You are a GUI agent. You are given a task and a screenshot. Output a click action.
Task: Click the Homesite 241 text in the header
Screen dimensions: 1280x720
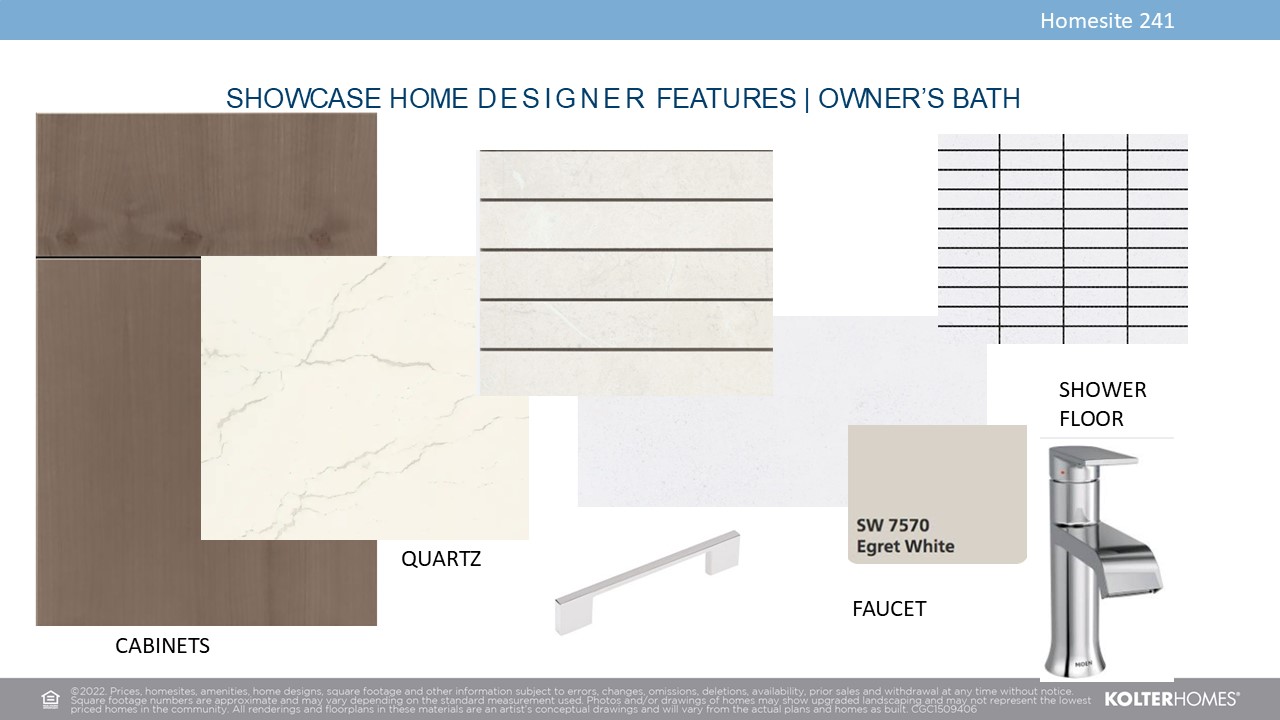point(1107,21)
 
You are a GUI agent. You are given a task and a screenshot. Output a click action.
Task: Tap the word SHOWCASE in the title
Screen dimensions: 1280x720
point(303,98)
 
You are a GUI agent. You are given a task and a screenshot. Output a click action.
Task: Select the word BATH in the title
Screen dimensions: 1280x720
point(986,98)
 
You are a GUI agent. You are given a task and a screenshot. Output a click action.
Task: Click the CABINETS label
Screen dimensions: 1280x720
point(162,646)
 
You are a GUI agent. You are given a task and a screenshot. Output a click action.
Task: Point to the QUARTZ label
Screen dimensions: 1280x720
point(441,559)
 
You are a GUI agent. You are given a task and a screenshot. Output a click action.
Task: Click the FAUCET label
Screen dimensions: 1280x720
point(889,609)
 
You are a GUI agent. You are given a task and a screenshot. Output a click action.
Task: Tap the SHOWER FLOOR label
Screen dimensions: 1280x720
point(1103,404)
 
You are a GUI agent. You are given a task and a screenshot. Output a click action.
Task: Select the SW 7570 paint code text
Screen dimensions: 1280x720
point(893,525)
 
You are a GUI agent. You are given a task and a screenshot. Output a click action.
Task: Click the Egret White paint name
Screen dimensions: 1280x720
point(905,546)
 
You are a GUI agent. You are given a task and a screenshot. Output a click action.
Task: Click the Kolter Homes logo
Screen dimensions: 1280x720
point(1171,699)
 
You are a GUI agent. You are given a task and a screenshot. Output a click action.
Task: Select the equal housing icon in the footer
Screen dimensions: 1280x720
point(50,699)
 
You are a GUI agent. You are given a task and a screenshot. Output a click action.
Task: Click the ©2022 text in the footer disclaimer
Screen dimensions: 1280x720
point(88,691)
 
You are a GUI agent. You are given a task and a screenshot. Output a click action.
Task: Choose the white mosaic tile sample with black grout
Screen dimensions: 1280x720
point(1063,239)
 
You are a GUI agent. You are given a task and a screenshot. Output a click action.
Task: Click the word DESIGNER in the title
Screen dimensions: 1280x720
point(561,98)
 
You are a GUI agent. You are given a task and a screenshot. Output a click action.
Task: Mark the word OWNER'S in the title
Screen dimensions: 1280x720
point(881,98)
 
